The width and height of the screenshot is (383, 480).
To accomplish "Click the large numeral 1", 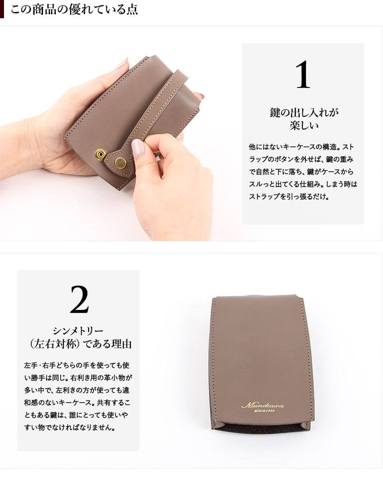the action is [303, 75].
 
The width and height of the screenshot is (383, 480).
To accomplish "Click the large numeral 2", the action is [79, 299].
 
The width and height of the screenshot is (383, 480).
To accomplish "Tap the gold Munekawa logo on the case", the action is [262, 405].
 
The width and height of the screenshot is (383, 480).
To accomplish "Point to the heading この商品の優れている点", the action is [74, 9].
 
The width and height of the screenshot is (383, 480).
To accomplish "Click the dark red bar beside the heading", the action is [2, 9].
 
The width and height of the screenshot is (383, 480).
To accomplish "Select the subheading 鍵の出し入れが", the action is [304, 112].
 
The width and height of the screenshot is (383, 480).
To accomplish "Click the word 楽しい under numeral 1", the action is [304, 125].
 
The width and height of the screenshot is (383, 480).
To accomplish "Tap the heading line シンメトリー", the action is [78, 331].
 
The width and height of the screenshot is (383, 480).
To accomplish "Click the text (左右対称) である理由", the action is [81, 344].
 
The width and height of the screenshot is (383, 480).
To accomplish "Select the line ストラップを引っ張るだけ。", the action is [289, 197].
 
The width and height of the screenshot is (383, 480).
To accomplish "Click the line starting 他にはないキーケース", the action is [301, 147].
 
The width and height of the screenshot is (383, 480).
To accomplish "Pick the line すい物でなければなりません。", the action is [70, 427].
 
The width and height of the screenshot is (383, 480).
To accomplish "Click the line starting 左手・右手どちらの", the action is [77, 365].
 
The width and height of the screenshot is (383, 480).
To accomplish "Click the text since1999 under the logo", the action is [265, 411].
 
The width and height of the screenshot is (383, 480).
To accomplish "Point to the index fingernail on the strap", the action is [138, 148].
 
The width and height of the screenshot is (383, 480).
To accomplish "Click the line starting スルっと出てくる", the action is [303, 184].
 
